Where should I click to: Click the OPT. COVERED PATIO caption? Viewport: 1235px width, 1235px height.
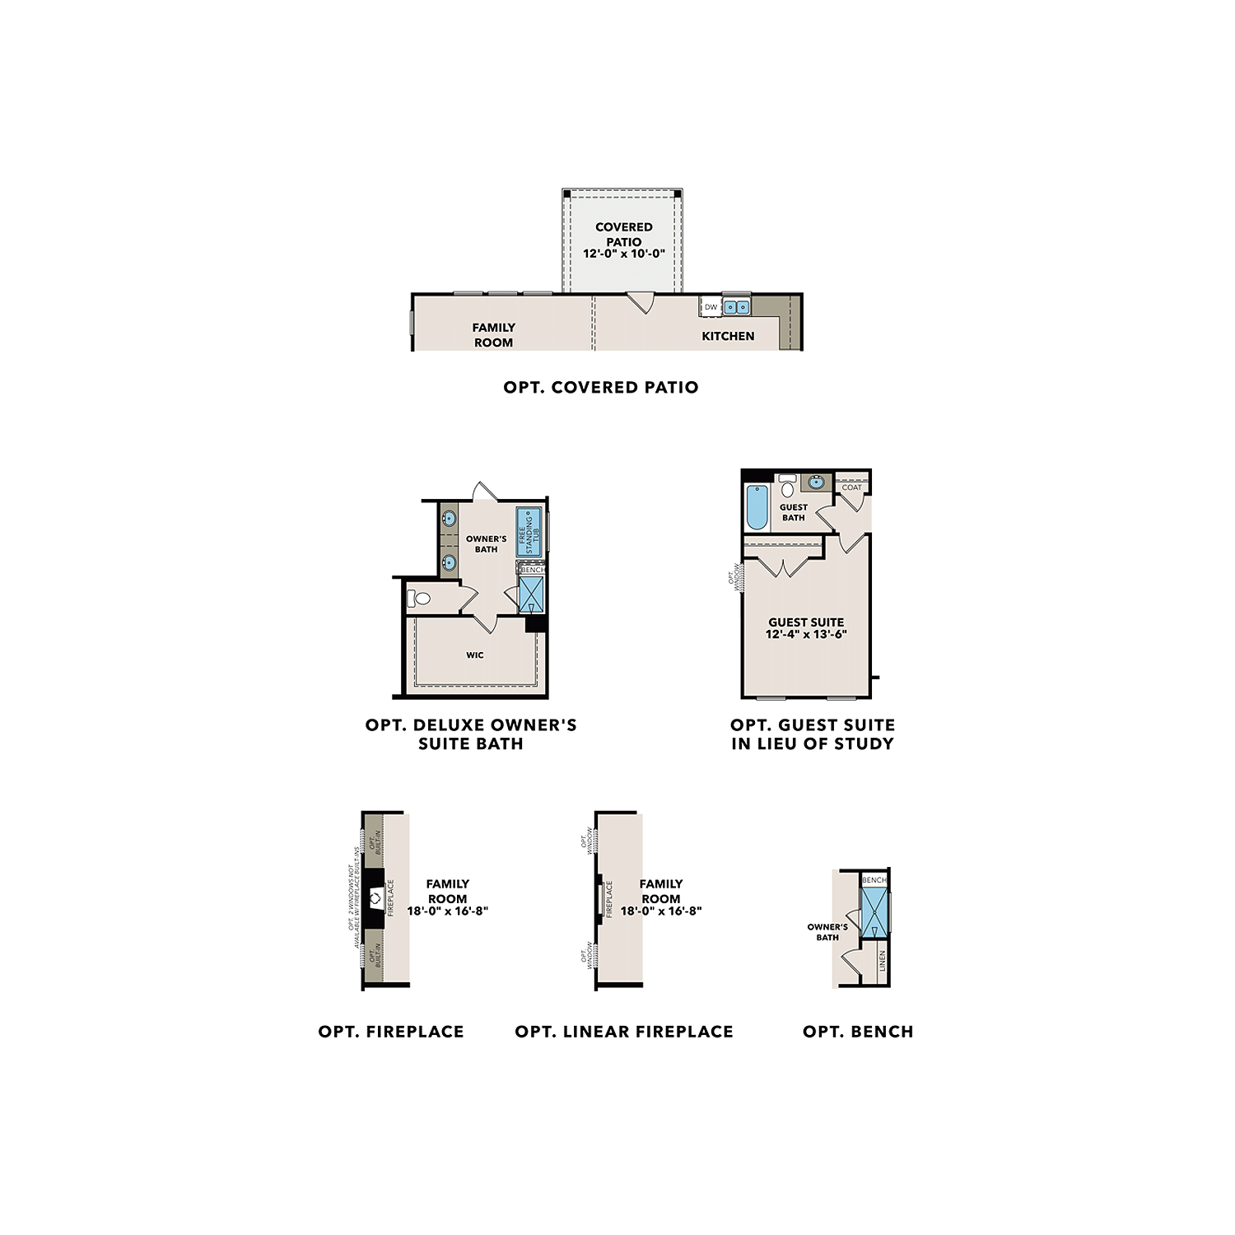(x=600, y=387)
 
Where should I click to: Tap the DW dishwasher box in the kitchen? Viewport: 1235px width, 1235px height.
(x=711, y=307)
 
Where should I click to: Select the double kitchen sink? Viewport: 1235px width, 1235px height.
(x=736, y=307)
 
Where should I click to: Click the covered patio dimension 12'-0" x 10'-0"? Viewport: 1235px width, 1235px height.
(x=623, y=254)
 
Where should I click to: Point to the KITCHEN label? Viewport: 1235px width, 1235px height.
(x=728, y=336)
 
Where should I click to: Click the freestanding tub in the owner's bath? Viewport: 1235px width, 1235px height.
(x=529, y=532)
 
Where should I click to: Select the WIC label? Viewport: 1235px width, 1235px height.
(x=475, y=655)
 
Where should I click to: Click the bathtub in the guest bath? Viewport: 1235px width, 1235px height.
(x=756, y=507)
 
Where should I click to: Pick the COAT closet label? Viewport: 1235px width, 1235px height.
(x=851, y=487)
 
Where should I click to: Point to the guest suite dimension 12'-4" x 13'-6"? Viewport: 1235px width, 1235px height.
(x=806, y=634)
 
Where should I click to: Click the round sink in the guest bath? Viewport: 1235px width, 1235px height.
(x=815, y=482)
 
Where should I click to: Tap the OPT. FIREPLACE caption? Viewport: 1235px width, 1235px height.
(x=391, y=1032)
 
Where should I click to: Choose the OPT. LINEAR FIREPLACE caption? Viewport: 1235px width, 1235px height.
(x=623, y=1032)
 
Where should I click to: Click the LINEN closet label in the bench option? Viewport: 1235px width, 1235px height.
(x=882, y=961)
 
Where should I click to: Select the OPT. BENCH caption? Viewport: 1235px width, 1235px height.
(x=858, y=1032)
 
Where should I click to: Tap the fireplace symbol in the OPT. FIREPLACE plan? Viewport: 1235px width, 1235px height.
(x=375, y=898)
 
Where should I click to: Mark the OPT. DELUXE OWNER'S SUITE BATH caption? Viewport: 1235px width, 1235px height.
(x=471, y=734)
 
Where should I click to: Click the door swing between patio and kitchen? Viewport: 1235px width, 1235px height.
(x=641, y=302)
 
